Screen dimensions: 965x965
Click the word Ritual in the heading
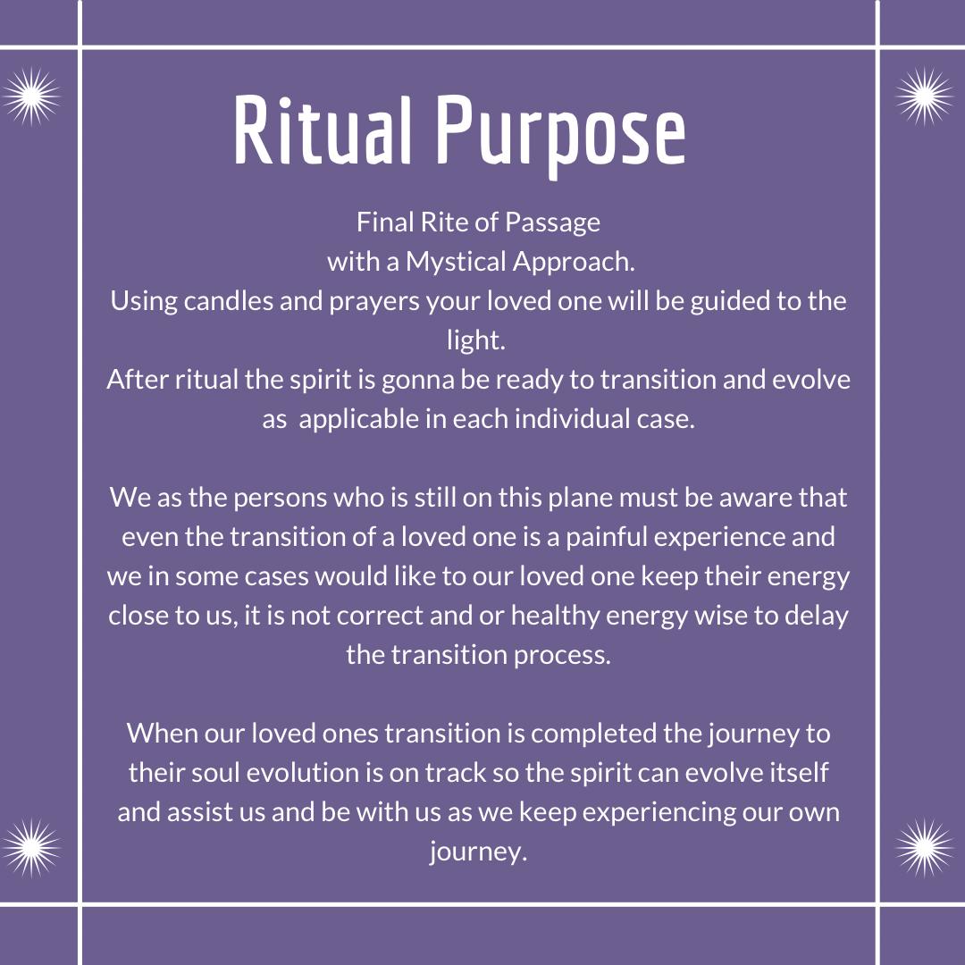[x=322, y=130]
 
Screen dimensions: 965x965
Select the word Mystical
[x=456, y=263]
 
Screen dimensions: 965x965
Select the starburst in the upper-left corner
[x=31, y=96]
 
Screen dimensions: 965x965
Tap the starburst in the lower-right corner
[x=924, y=848]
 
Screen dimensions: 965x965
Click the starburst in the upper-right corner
[x=924, y=96]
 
